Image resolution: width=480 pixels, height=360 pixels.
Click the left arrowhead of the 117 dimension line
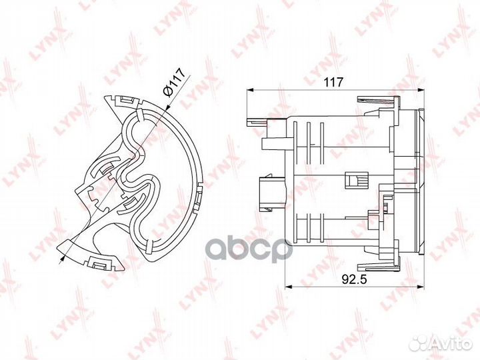250,90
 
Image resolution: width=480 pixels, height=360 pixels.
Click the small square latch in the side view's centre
353,179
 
